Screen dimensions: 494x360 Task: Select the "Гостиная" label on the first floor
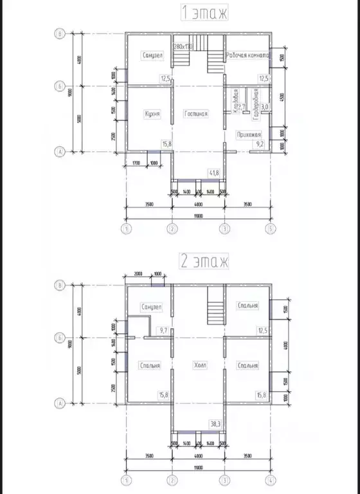(x=195, y=114)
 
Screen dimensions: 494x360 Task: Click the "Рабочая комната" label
(x=250, y=57)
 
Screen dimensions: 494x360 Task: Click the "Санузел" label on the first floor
(x=152, y=56)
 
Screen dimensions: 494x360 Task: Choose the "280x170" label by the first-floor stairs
(x=184, y=47)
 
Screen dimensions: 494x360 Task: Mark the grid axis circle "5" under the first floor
(x=271, y=228)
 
